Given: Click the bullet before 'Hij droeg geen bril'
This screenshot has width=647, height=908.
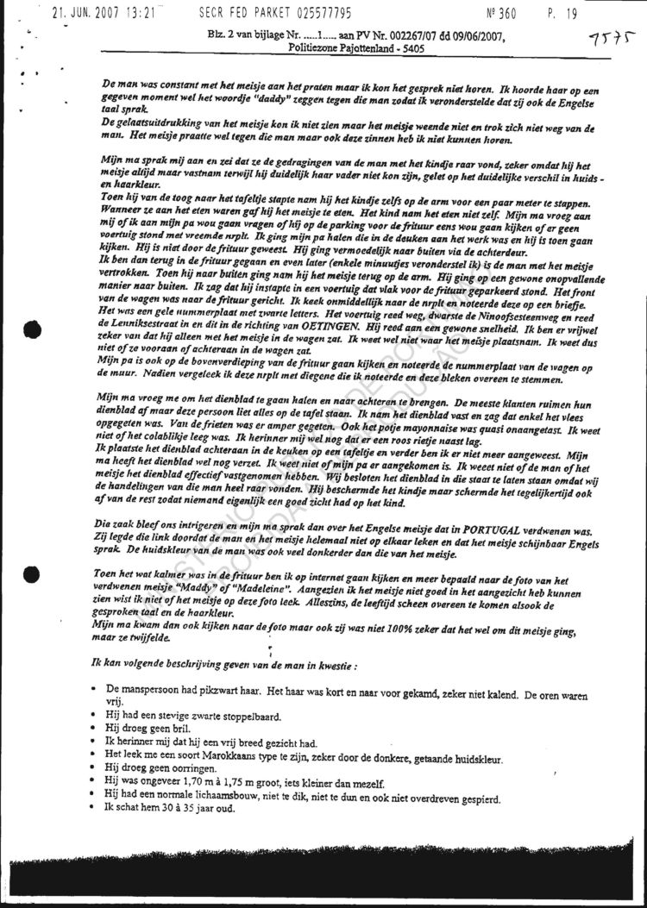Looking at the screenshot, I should (93, 728).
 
